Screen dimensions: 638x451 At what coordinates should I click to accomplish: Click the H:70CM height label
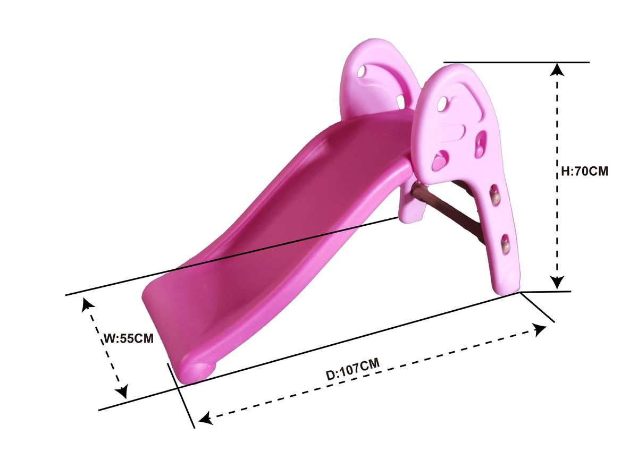[x=584, y=171]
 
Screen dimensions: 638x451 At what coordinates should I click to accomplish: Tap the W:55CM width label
[x=128, y=338]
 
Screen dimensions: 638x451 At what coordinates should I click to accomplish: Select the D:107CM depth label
[x=352, y=369]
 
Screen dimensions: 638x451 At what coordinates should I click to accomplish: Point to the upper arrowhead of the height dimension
[x=557, y=70]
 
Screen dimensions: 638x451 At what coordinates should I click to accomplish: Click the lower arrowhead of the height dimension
[x=557, y=283]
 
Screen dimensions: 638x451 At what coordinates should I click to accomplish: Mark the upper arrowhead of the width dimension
[x=87, y=305]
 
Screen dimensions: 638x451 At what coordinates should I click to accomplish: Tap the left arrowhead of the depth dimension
[x=206, y=419]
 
